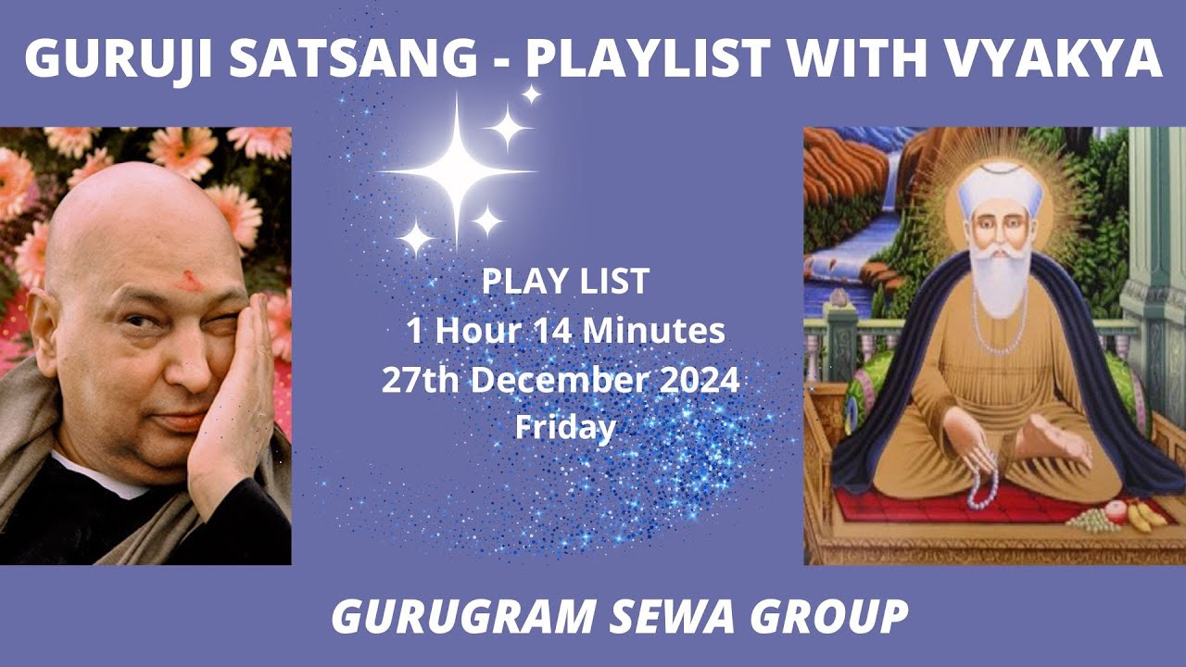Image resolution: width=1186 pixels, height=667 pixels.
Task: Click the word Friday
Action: coord(565,428)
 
